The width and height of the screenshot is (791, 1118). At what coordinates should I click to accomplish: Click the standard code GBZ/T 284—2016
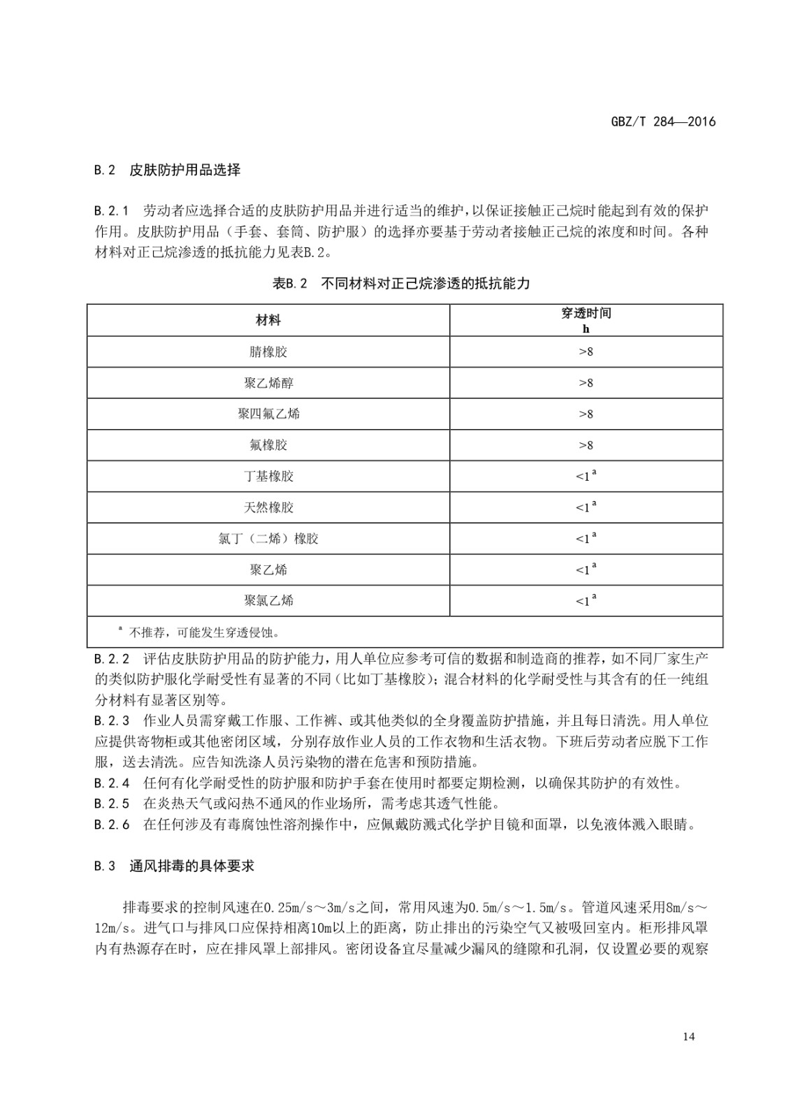[663, 122]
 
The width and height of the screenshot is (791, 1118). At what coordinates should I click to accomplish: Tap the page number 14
[689, 1036]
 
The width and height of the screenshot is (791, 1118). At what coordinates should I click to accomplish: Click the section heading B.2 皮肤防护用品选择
[167, 170]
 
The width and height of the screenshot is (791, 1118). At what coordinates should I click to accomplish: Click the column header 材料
[268, 320]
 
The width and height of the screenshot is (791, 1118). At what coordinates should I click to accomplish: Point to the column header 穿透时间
[586, 314]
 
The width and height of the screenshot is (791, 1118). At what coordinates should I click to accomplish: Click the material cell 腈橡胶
[268, 351]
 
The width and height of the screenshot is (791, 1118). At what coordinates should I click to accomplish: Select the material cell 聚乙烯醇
[268, 383]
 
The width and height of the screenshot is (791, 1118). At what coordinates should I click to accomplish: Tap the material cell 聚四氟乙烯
[268, 414]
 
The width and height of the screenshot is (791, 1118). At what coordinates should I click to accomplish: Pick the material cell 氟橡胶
[268, 445]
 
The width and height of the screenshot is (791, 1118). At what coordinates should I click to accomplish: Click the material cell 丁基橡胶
[268, 477]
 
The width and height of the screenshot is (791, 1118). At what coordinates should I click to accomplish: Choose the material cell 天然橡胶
[268, 507]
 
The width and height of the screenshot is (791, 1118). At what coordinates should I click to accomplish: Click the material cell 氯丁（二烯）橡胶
[268, 539]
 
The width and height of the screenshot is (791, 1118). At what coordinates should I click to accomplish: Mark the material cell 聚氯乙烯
[268, 600]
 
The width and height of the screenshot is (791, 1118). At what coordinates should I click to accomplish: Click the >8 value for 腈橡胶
[586, 351]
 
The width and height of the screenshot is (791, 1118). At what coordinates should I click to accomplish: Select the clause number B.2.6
[112, 825]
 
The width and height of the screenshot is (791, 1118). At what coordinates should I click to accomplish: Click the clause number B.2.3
[112, 720]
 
